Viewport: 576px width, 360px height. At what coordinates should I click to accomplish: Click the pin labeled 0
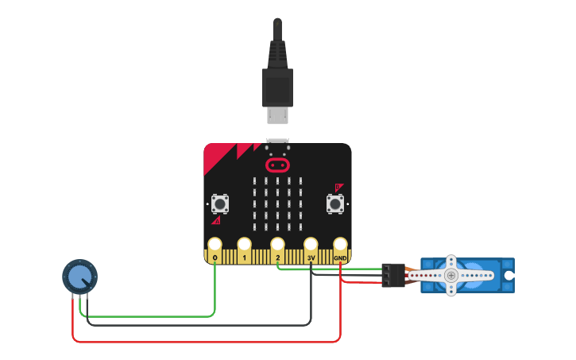pyautogui.click(x=215, y=246)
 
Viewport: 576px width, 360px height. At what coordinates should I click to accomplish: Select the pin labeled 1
pyautogui.click(x=245, y=246)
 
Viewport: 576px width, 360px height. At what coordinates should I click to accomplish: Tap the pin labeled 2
pyautogui.click(x=277, y=246)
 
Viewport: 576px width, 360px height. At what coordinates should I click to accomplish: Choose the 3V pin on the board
pyautogui.click(x=311, y=246)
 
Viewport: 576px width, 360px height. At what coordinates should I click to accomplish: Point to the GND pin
pyautogui.click(x=340, y=246)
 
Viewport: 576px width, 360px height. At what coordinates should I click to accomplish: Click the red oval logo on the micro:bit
pyautogui.click(x=277, y=165)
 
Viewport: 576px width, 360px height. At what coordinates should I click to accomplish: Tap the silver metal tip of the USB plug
pyautogui.click(x=277, y=115)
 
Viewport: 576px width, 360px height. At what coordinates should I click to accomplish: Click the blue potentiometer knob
pyautogui.click(x=79, y=277)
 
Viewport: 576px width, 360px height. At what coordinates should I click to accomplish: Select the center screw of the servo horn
pyautogui.click(x=451, y=275)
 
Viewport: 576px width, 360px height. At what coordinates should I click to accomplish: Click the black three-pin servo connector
pyautogui.click(x=392, y=275)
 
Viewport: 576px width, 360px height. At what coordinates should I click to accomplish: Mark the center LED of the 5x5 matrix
pyautogui.click(x=277, y=204)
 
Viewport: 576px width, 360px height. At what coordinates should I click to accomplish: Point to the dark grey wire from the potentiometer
pyautogui.click(x=199, y=324)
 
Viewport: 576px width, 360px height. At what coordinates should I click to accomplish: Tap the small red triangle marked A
pyautogui.click(x=216, y=220)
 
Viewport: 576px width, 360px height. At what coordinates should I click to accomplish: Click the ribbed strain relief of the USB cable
pyautogui.click(x=277, y=52)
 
